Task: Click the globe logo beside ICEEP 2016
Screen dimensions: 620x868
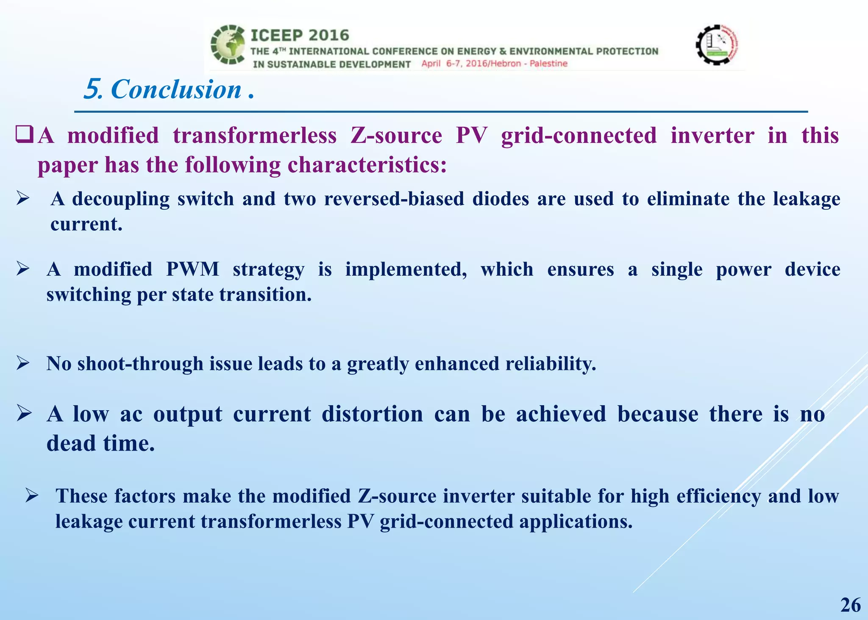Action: point(228,44)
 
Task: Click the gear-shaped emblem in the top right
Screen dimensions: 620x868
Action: point(717,44)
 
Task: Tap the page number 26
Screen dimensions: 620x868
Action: point(850,605)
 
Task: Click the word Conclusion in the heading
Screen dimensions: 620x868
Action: point(176,90)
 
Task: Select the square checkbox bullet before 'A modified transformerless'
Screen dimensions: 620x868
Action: point(24,135)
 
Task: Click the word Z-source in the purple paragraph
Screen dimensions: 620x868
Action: point(396,136)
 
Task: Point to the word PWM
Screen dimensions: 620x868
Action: point(192,270)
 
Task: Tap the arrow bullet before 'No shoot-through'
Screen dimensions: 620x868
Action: point(23,363)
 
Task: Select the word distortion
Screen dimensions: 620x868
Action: point(372,414)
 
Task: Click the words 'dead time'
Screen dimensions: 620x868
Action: point(100,444)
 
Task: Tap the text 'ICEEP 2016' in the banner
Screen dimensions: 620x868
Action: point(300,36)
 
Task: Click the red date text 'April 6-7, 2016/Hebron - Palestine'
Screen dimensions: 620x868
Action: point(494,64)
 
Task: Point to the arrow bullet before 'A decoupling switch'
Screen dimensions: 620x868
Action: point(23,198)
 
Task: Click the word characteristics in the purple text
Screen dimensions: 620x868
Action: point(367,165)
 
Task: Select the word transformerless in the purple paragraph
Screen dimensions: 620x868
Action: point(255,136)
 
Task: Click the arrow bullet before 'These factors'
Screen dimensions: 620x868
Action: point(32,495)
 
